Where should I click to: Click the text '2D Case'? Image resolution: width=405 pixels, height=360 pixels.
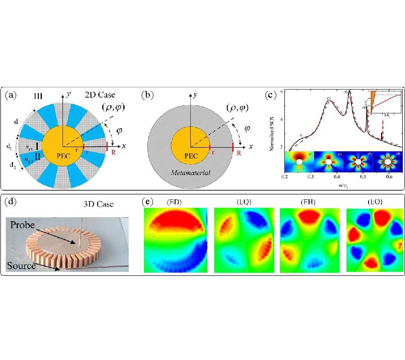tap(101, 95)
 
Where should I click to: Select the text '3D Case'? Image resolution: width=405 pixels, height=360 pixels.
tap(98, 204)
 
